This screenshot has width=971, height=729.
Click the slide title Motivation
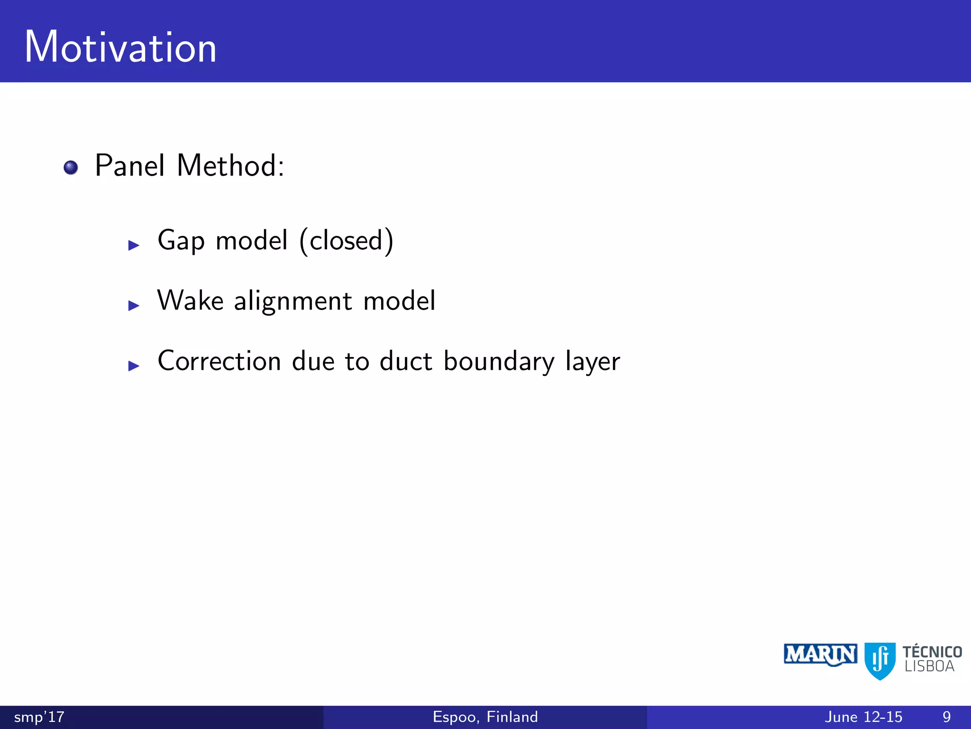pyautogui.click(x=120, y=47)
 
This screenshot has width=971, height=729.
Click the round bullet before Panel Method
pyautogui.click(x=71, y=168)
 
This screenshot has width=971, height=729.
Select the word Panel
pyautogui.click(x=130, y=166)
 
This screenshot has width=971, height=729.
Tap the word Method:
pyautogui.click(x=230, y=166)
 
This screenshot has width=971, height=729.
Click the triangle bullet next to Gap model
pyautogui.click(x=134, y=245)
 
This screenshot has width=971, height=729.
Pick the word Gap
pyautogui.click(x=181, y=241)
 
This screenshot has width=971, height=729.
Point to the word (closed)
pyautogui.click(x=347, y=241)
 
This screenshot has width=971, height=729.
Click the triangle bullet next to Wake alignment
pyautogui.click(x=134, y=306)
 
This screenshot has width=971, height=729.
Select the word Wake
pyautogui.click(x=190, y=301)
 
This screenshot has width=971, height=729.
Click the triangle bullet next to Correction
pyautogui.click(x=134, y=366)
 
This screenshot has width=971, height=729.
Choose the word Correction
pyautogui.click(x=219, y=361)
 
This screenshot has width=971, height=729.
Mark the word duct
pyautogui.click(x=406, y=361)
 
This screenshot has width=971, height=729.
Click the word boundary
pyautogui.click(x=499, y=362)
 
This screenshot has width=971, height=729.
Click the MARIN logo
pyautogui.click(x=820, y=655)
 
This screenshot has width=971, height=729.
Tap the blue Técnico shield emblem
pyautogui.click(x=880, y=660)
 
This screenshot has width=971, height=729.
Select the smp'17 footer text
pyautogui.click(x=39, y=717)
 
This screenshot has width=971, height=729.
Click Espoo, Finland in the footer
pyautogui.click(x=485, y=717)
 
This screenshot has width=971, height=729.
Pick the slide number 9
pyautogui.click(x=946, y=717)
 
